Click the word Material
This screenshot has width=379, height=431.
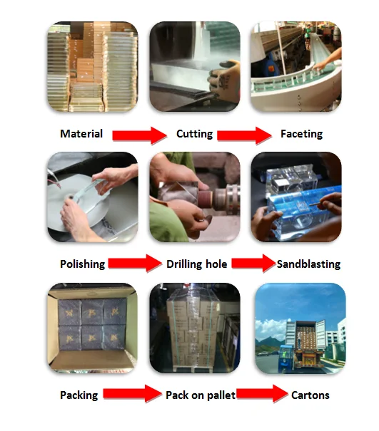coord(81,134)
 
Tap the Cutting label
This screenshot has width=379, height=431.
coord(194,134)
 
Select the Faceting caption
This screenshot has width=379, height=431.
coord(302,134)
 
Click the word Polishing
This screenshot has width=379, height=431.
coord(83,264)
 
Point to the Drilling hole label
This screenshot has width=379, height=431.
coord(197,264)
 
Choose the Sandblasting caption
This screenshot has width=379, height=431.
coord(308,264)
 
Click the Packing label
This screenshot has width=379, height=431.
coord(79,395)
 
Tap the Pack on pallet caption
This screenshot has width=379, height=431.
coord(201,395)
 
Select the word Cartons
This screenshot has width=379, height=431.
coord(310,395)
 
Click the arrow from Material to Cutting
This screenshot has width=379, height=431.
coord(140,135)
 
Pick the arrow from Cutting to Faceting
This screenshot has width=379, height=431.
coord(244,135)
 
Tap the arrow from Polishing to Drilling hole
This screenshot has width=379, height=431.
coord(135,263)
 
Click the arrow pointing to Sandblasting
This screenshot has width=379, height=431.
coord(253,263)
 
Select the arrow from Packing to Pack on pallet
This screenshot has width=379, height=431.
coord(133,394)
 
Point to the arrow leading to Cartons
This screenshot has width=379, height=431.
coord(262,394)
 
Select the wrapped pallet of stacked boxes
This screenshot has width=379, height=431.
coord(193,330)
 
